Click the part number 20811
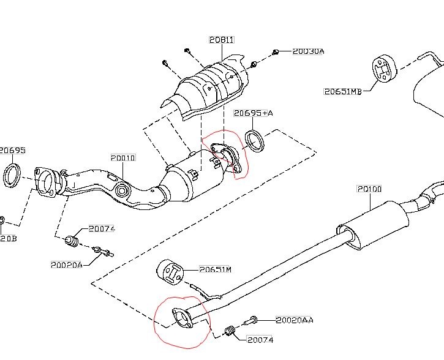pyautogui.click(x=221, y=40)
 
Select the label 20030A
pyautogui.click(x=308, y=51)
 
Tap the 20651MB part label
pyautogui.click(x=343, y=92)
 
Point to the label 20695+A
pyautogui.click(x=253, y=113)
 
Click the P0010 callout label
pyautogui.click(x=123, y=158)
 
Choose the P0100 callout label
pyautogui.click(x=369, y=189)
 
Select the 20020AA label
pyautogui.click(x=295, y=320)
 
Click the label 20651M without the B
pyautogui.click(x=215, y=269)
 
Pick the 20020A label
pyautogui.click(x=66, y=264)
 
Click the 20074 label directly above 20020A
pyautogui.click(x=101, y=229)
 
